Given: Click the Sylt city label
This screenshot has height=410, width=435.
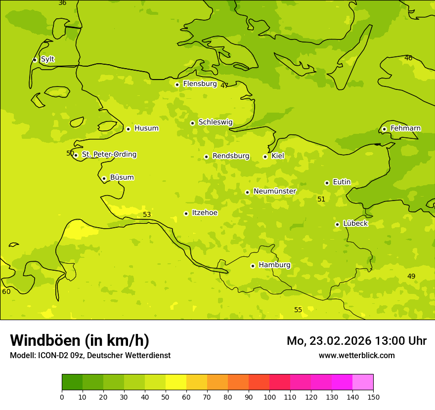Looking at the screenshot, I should tap(47, 59).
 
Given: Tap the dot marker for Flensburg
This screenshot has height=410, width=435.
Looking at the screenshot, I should tap(177, 84).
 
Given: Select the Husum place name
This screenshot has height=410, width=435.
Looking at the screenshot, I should tap(146, 128).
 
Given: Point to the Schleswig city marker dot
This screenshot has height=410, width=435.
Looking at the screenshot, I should tap(192, 123).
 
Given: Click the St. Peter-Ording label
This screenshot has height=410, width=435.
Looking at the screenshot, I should tap(109, 155).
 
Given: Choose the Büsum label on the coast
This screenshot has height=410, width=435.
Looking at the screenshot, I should tap(122, 177).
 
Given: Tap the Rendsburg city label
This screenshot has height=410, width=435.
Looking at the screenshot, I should tap(231, 156).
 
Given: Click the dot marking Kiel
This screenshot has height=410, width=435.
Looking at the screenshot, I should tap(265, 157).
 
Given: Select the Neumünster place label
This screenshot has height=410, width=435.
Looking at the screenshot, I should tap(275, 191).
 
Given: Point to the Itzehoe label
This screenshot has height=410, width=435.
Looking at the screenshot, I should tap(204, 213).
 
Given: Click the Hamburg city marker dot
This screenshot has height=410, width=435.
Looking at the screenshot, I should tap(253, 266).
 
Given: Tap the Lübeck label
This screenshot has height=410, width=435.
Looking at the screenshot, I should tap(355, 223).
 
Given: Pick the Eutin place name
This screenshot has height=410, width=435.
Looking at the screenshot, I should tap(342, 182).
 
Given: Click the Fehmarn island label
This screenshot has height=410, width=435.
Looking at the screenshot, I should tap(405, 128).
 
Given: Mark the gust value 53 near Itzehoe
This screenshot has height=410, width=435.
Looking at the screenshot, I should tap(147, 214).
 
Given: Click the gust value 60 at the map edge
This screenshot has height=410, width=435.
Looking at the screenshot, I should tap(6, 291).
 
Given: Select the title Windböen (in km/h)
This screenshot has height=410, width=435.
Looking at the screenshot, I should tap(80, 340).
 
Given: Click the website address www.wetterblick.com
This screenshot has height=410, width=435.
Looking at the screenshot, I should tap(356, 355).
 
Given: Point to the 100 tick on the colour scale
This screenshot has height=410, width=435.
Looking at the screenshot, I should tap(269, 397).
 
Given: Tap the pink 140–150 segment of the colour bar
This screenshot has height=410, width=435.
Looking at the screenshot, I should tap(363, 382).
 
